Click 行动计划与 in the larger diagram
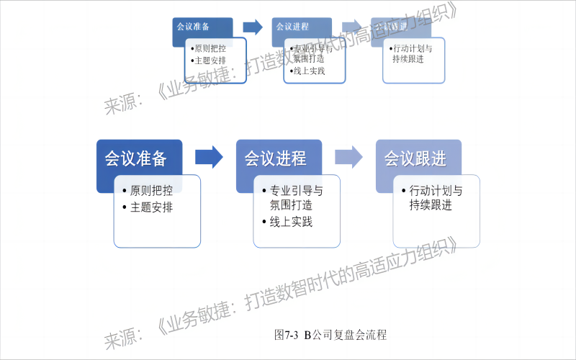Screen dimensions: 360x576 pos(435,192)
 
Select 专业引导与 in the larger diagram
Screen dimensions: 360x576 pos(295,192)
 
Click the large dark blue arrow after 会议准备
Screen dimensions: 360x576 pos(210,156)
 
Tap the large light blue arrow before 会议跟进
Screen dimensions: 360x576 pos(348,156)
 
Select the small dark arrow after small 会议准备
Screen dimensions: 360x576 pos(253,27)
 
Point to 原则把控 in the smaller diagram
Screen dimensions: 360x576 pos(210,49)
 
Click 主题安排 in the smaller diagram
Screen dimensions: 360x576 pos(210,60)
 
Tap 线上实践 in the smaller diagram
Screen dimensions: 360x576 pos(308,71)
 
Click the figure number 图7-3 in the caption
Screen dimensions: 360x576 pos(287,335)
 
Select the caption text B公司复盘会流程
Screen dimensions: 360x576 pos(346,335)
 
